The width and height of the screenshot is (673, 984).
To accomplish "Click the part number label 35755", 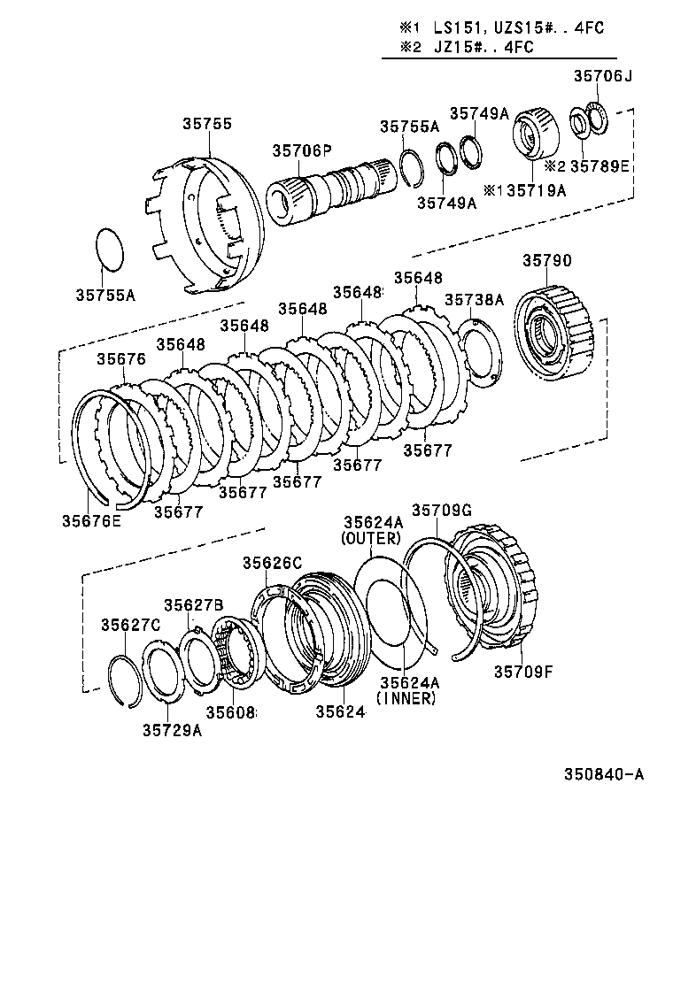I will [208, 124].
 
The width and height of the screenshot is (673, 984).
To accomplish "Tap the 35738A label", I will [474, 300].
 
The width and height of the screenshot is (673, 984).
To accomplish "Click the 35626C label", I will [273, 563].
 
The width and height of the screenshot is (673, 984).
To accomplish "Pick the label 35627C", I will [130, 625].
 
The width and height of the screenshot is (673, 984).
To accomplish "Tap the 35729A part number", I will [172, 730].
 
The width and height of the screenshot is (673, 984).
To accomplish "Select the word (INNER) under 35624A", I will [406, 698].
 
